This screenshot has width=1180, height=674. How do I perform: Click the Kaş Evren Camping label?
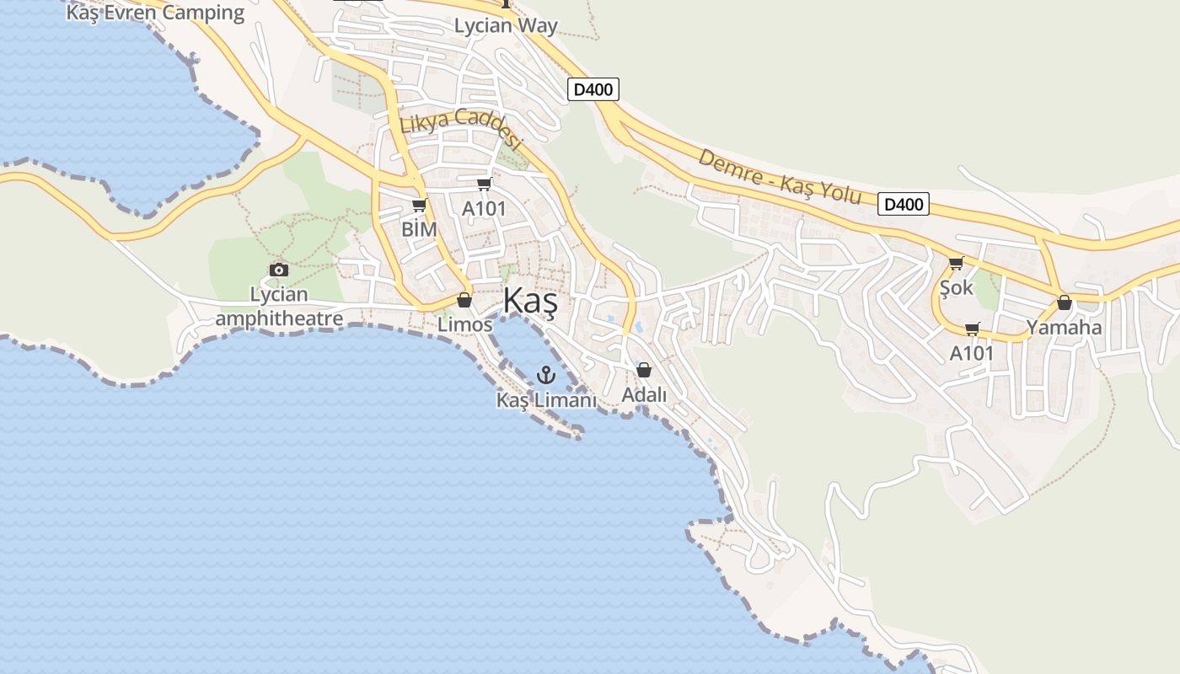point(155,13)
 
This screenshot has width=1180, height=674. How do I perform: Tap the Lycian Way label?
point(506,25)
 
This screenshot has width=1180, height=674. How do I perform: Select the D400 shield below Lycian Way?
point(593,89)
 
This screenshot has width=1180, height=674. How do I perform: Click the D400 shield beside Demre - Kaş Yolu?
point(903,204)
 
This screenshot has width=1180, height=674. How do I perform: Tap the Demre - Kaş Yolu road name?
point(780,178)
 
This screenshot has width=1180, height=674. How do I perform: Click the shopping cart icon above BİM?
point(419,206)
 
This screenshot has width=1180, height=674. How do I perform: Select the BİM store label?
point(419,229)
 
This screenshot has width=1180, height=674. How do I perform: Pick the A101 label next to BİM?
point(484,208)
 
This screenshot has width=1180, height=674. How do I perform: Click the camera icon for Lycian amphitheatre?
point(278,270)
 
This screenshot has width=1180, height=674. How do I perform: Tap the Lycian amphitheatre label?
point(279,307)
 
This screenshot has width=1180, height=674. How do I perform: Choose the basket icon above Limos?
point(464,300)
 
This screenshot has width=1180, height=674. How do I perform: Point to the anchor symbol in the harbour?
point(546,374)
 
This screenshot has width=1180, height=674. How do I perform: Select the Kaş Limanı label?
point(546,400)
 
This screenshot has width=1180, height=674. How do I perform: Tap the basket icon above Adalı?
point(644,370)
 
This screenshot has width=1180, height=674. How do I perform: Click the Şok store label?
point(956,288)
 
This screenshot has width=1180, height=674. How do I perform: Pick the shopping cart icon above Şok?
point(956,264)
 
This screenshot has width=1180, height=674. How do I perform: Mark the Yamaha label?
point(1064,328)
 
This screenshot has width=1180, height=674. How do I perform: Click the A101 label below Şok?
point(972,353)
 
